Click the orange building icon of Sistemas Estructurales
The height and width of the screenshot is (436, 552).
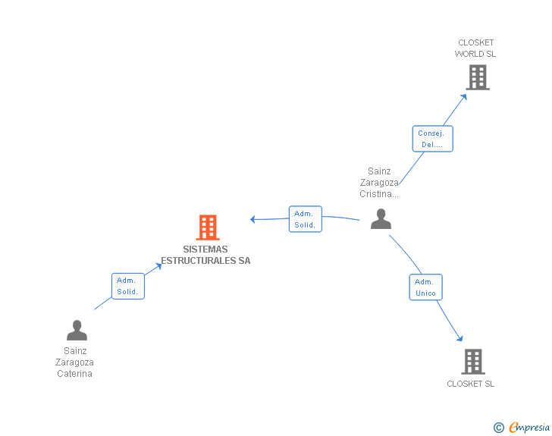208,227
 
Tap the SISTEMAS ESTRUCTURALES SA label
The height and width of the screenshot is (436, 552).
205,255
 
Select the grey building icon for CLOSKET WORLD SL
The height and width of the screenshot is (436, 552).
477,77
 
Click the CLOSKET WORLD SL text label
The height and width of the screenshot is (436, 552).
475,49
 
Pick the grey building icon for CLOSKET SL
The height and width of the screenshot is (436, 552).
472,362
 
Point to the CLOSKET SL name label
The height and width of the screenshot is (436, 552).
470,384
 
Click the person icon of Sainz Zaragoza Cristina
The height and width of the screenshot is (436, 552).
381,219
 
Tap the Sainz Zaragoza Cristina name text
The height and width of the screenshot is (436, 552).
379,183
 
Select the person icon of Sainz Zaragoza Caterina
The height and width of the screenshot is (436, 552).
77,331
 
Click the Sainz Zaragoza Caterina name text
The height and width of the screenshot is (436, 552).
75,362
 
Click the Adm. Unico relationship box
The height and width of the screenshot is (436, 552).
425,287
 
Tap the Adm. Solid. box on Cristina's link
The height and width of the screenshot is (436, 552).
306,219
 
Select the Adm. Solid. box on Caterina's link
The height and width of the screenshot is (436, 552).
127,286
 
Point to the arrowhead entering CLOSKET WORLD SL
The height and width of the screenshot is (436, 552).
464,96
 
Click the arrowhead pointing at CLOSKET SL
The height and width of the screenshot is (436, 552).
459,338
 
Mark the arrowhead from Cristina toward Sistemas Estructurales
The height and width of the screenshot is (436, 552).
253,220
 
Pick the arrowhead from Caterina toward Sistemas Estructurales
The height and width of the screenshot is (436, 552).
158,265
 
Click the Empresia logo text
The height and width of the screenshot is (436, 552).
529,428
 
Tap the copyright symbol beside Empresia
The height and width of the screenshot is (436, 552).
498,428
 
